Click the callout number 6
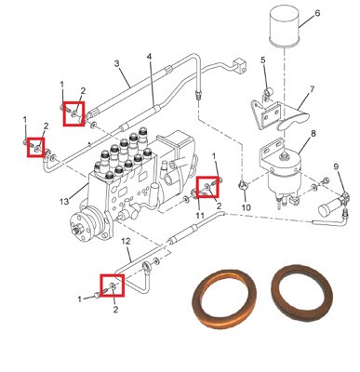(317, 13)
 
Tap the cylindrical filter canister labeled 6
(284, 26)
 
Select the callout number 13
(64, 202)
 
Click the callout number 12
(126, 241)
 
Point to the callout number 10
(246, 207)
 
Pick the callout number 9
(337, 166)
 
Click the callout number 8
(313, 134)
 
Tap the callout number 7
(312, 89)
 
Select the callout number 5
(263, 60)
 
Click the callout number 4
(150, 57)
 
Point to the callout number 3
(116, 63)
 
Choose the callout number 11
(200, 216)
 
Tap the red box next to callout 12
(112, 286)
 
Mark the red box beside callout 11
(208, 187)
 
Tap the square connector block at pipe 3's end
(240, 65)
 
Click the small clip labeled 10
(243, 186)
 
